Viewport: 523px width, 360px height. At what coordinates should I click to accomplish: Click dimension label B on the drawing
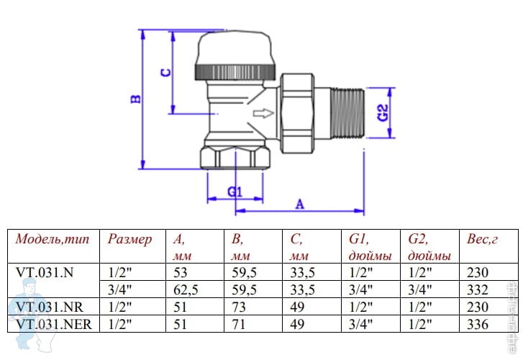click(x=135, y=99)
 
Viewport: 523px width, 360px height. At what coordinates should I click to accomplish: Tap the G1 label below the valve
click(x=234, y=191)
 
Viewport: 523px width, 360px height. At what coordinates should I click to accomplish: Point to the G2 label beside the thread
click(x=383, y=112)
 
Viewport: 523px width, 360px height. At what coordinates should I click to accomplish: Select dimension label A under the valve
click(x=300, y=203)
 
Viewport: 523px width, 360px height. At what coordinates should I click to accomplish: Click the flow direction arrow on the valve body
click(x=265, y=112)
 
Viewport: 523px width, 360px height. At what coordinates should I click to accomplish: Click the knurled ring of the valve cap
click(x=235, y=71)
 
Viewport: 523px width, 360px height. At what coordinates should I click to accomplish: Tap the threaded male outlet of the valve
click(x=350, y=112)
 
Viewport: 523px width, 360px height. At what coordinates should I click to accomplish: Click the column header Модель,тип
click(x=53, y=239)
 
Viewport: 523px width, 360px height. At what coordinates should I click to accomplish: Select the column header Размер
click(x=129, y=239)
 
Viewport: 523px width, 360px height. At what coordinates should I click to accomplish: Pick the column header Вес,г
click(x=482, y=239)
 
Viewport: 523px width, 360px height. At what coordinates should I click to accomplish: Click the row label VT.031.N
click(x=45, y=272)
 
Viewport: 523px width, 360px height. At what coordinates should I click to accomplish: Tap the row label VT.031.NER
click(x=53, y=324)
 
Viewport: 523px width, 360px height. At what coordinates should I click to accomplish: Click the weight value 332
click(x=477, y=289)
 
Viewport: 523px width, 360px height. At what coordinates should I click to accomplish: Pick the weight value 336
click(x=477, y=324)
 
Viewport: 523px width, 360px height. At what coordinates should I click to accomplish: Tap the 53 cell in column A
click(x=180, y=272)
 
